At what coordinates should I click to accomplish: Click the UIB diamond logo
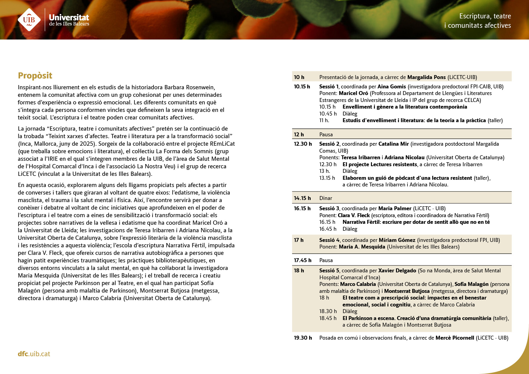pyautogui.click(x=29, y=20)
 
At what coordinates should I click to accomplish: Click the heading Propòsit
pyautogui.click(x=35, y=75)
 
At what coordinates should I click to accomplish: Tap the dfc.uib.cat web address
pyautogui.click(x=34, y=354)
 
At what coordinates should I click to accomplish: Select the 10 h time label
pyautogui.click(x=299, y=77)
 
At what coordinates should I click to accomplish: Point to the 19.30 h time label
pyautogui.click(x=303, y=338)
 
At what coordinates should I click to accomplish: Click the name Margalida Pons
pyautogui.click(x=426, y=77)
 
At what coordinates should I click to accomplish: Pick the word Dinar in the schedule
pyautogui.click(x=325, y=198)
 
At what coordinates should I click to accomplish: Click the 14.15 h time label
pyautogui.click(x=302, y=198)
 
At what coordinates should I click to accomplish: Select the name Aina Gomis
pyautogui.click(x=391, y=87)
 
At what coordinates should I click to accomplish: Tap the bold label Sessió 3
pyautogui.click(x=329, y=208)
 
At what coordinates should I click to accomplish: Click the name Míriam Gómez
pyautogui.click(x=397, y=240)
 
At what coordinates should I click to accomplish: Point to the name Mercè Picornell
pyautogui.click(x=455, y=338)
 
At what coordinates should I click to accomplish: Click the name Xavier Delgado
pyautogui.click(x=397, y=271)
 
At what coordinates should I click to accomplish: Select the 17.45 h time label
pyautogui.click(x=303, y=260)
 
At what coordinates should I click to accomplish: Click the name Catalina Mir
pyautogui.click(x=393, y=144)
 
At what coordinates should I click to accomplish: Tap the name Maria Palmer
pyautogui.click(x=394, y=208)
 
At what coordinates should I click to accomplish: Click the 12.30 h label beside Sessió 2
pyautogui.click(x=303, y=144)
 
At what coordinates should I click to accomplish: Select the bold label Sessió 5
pyautogui.click(x=329, y=271)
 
